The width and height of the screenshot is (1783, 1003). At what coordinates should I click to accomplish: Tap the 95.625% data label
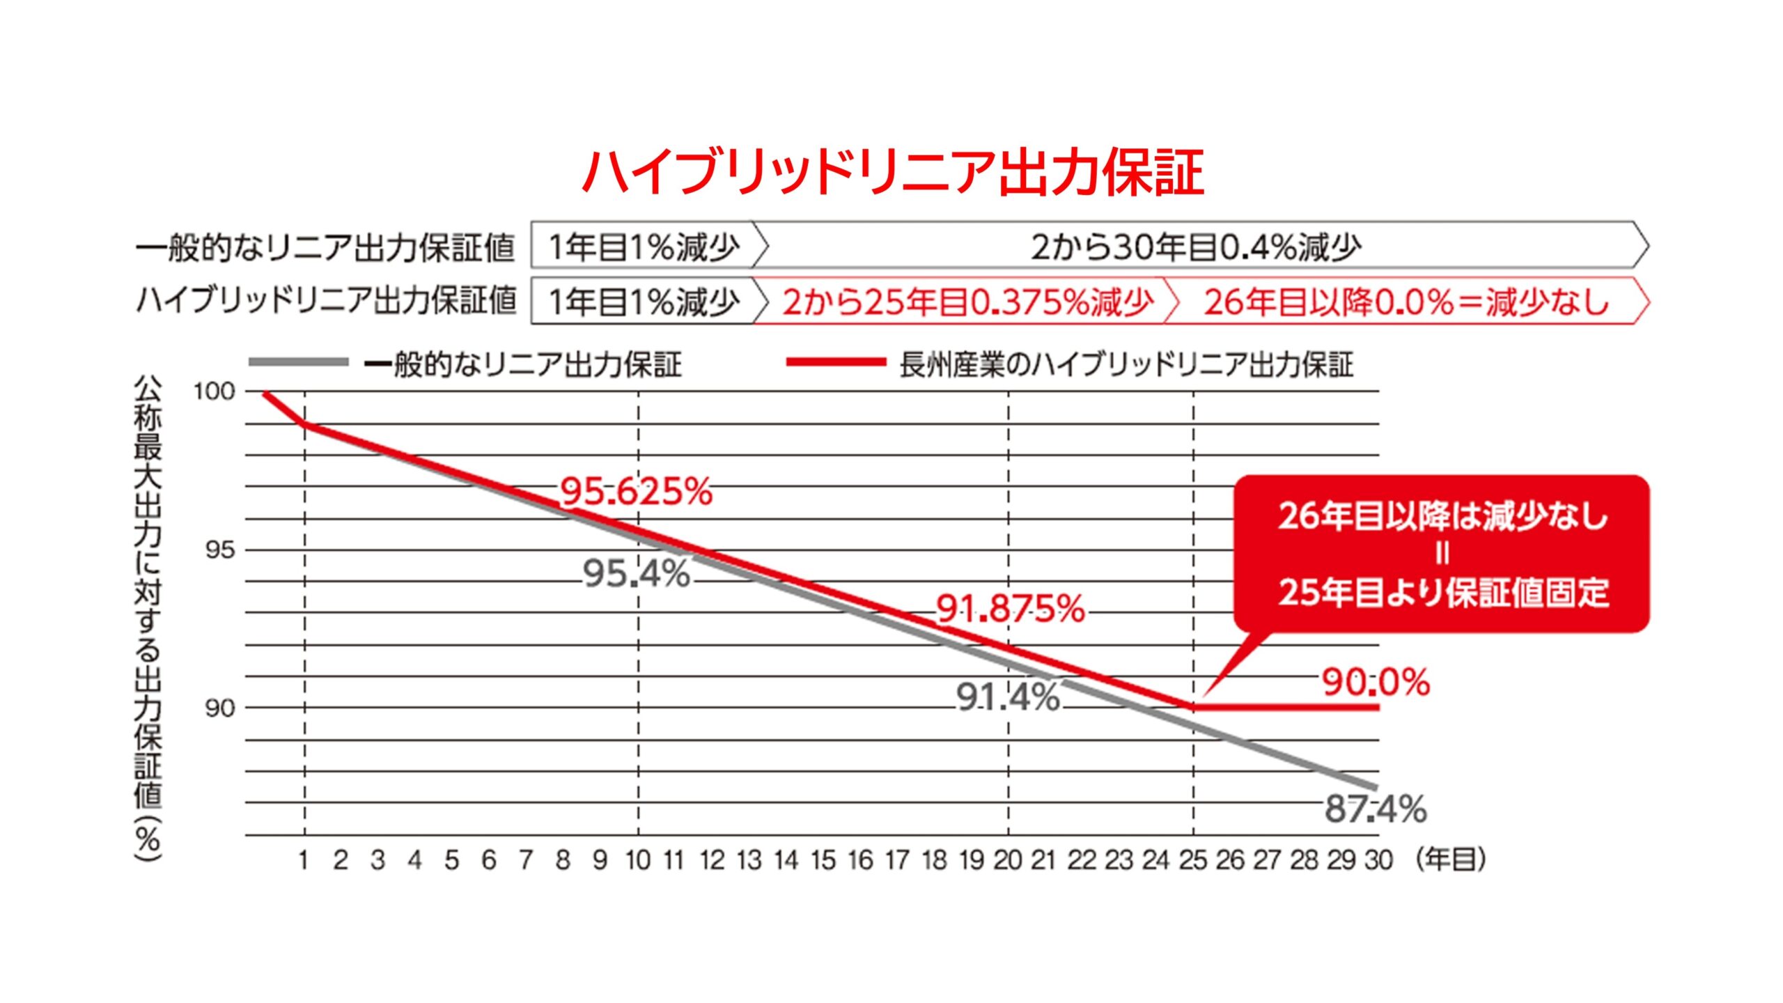pos(637,492)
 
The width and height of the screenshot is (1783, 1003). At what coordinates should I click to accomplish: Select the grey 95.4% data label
pos(636,575)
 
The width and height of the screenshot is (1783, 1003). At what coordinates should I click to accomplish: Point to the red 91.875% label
pos(1010,609)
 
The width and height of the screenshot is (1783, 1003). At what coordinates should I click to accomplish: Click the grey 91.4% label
pos(1008,697)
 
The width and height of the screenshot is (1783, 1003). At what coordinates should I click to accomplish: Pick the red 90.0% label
pos(1376,683)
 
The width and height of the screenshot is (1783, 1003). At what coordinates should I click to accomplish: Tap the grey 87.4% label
pos(1376,809)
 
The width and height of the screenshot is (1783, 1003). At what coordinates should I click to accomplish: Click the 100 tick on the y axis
pos(215,391)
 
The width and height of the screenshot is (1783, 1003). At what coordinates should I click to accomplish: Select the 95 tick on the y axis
pos(220,550)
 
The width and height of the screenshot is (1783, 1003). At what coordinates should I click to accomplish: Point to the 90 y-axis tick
pos(220,708)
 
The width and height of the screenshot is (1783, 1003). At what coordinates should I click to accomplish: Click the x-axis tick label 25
pos(1193,861)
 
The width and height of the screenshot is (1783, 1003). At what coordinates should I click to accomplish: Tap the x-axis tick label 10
pos(638,861)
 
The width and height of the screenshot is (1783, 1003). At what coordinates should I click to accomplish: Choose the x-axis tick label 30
pos(1378,861)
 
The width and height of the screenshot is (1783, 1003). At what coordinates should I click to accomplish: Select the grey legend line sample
pos(299,362)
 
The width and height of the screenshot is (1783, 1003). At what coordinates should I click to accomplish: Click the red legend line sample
pos(835,362)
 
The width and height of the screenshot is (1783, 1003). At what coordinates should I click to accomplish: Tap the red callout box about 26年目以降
pos(1442,554)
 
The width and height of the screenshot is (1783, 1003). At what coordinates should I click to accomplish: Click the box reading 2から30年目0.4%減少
pos(1197,247)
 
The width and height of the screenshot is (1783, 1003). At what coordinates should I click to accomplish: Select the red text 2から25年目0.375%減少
pos(967,302)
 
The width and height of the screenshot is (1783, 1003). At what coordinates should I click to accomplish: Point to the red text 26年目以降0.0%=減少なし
pos(1406,302)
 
